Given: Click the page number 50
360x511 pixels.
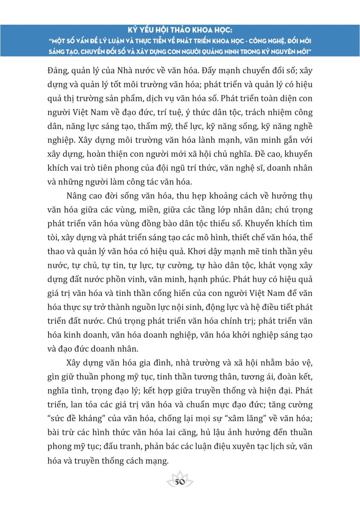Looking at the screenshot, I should coord(180,482).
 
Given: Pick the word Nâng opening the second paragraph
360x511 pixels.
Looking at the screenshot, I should coord(77,196).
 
